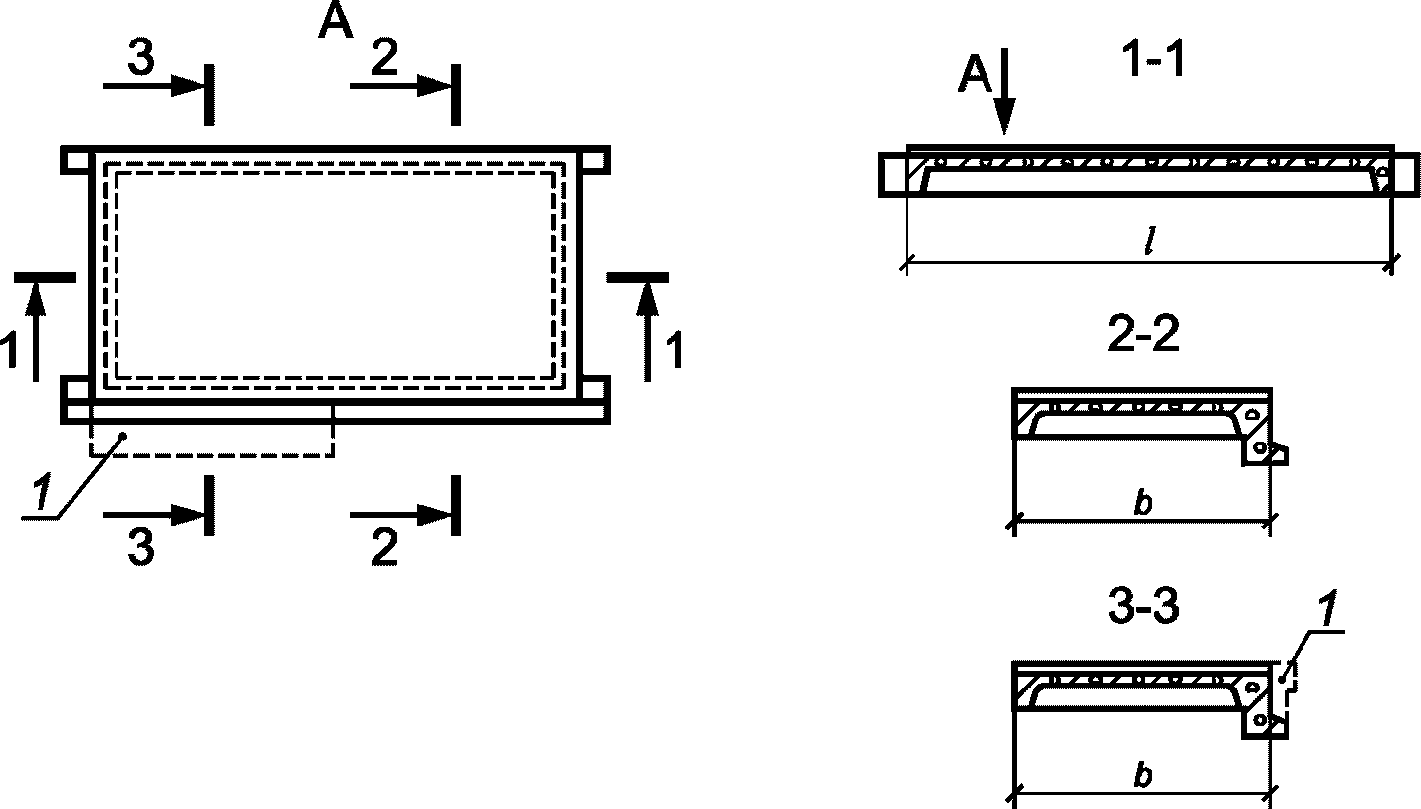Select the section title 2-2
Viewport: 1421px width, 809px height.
[x=1144, y=336]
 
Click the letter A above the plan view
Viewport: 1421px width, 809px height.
[x=335, y=22]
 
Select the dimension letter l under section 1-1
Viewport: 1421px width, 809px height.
[x=1149, y=244]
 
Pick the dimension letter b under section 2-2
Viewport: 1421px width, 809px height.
[x=1143, y=502]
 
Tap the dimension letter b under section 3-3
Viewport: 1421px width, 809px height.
[x=1143, y=775]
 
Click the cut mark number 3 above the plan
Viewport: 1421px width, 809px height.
[x=141, y=60]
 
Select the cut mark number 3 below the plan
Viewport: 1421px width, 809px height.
[x=141, y=548]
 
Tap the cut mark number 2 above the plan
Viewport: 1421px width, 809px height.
[x=384, y=60]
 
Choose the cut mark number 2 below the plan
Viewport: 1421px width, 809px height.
[x=384, y=548]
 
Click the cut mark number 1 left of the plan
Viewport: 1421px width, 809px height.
[x=10, y=352]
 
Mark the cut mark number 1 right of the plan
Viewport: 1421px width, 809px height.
[x=674, y=352]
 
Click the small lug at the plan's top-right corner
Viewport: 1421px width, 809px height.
[x=594, y=159]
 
